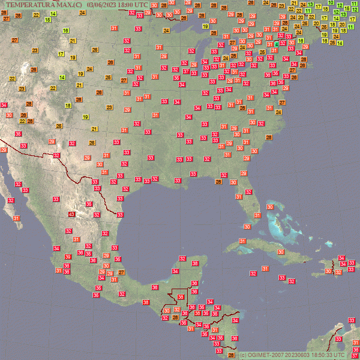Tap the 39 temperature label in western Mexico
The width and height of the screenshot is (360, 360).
point(68,257)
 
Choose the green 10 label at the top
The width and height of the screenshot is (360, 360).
point(332,2)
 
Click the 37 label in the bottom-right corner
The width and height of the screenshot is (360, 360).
point(355,357)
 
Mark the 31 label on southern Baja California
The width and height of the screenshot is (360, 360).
point(16,218)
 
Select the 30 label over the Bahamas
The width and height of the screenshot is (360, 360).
point(270,207)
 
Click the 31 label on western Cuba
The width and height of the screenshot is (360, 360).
point(242,241)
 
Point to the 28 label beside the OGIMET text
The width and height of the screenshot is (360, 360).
point(232,355)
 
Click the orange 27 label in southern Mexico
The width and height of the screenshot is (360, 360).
point(121,272)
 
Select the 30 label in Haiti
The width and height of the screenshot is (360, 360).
point(328,271)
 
